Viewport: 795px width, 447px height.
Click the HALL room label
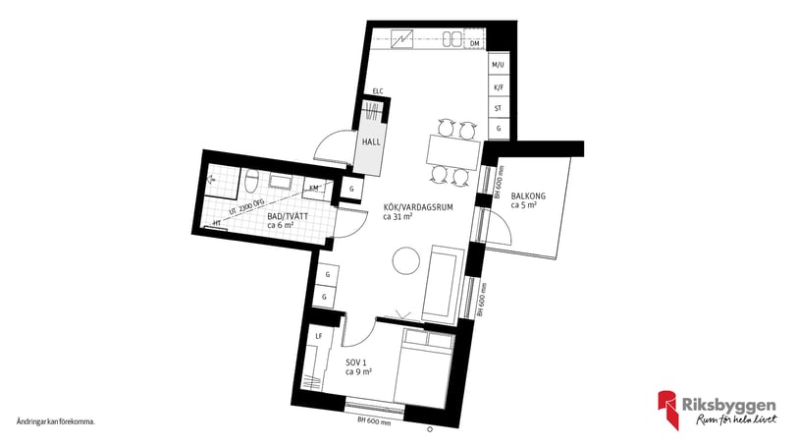(x=371, y=141)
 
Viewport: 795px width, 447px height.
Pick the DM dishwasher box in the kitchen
(x=474, y=43)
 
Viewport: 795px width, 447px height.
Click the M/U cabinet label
(x=499, y=65)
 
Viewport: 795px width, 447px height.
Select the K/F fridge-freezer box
(x=499, y=86)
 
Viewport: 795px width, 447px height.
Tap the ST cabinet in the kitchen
(x=499, y=108)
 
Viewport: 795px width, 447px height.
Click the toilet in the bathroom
(x=250, y=182)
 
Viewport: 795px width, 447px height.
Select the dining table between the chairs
(x=453, y=150)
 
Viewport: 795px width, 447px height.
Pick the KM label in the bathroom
(x=314, y=187)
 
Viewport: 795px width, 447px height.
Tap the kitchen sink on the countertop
(x=451, y=39)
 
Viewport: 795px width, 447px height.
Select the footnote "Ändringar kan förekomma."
(x=55, y=420)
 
